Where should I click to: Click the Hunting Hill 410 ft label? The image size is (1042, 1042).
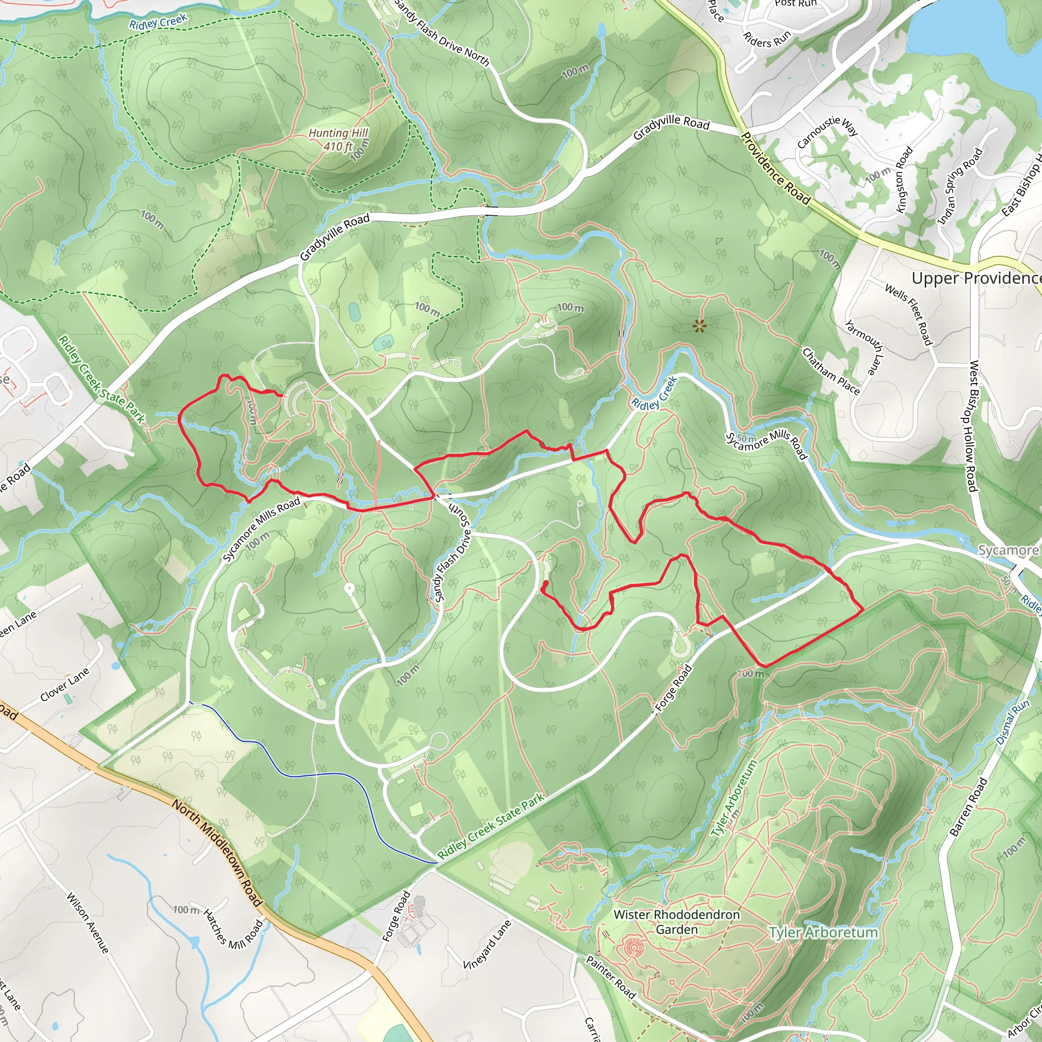[338, 140]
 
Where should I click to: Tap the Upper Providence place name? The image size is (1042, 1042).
[975, 278]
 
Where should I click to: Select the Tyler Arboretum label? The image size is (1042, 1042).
[823, 933]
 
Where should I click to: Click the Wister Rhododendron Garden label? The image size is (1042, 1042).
[676, 922]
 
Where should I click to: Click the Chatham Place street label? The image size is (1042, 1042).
[830, 371]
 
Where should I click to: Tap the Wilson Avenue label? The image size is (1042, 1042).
[88, 923]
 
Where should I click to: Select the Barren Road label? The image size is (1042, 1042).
[969, 807]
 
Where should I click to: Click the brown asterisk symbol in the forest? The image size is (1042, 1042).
[699, 326]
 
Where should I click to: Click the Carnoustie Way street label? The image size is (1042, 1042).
[827, 132]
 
